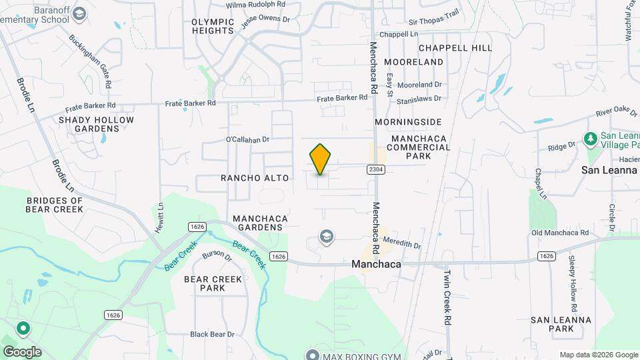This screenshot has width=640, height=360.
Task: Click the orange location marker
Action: coord(321,159)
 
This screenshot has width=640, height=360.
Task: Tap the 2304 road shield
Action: coord(375,170)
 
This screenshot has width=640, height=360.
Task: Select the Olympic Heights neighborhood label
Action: coord(213,26)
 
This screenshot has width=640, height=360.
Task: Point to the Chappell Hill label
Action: coord(455,48)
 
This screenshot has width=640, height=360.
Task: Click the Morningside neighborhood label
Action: coord(408,122)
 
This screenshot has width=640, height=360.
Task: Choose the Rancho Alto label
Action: coord(255,178)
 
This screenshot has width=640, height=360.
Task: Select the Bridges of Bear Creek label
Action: coord(55,205)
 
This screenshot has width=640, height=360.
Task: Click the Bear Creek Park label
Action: coord(213,283)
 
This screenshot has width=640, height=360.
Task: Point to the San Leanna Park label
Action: coord(561,324)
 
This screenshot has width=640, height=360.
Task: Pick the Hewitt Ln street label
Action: coord(161,217)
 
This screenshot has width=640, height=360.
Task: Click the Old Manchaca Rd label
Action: coord(560,233)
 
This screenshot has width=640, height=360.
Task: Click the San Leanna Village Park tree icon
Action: coord(589,139)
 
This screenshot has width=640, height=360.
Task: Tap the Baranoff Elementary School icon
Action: coord(79,13)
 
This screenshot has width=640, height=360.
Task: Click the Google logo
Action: coord(22,352)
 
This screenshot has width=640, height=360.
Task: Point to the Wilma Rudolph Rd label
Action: coord(255,4)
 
